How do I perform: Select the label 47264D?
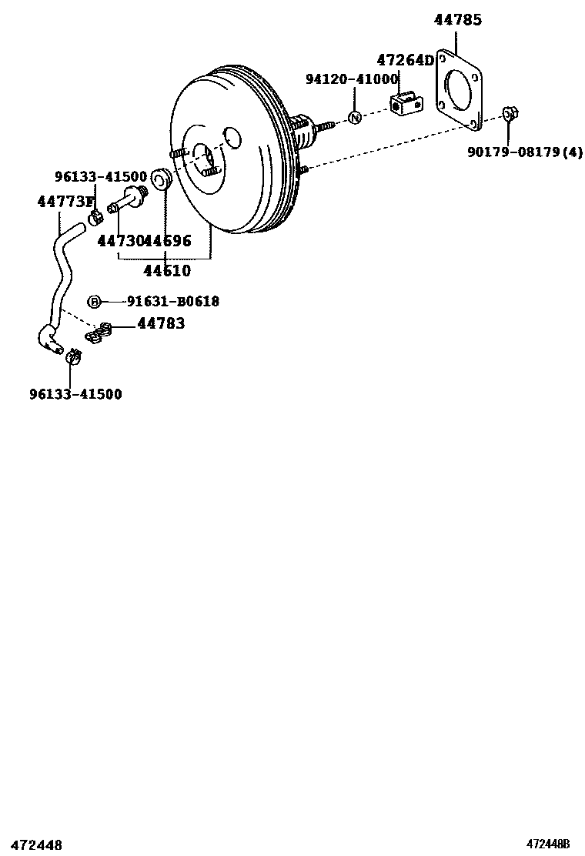coord(405,60)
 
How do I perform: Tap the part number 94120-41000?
coord(351,79)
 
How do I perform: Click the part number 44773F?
coord(65,202)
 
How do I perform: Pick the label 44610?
coord(167,270)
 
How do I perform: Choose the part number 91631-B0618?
coord(172,302)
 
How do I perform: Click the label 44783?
coord(161,323)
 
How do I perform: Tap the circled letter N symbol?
coord(355,118)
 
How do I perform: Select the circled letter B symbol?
coord(93,302)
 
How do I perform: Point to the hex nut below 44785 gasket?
coord(510,115)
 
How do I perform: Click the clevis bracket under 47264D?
coord(406,103)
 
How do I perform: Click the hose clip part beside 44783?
coord(99,334)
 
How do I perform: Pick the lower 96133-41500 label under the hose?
coord(75,394)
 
